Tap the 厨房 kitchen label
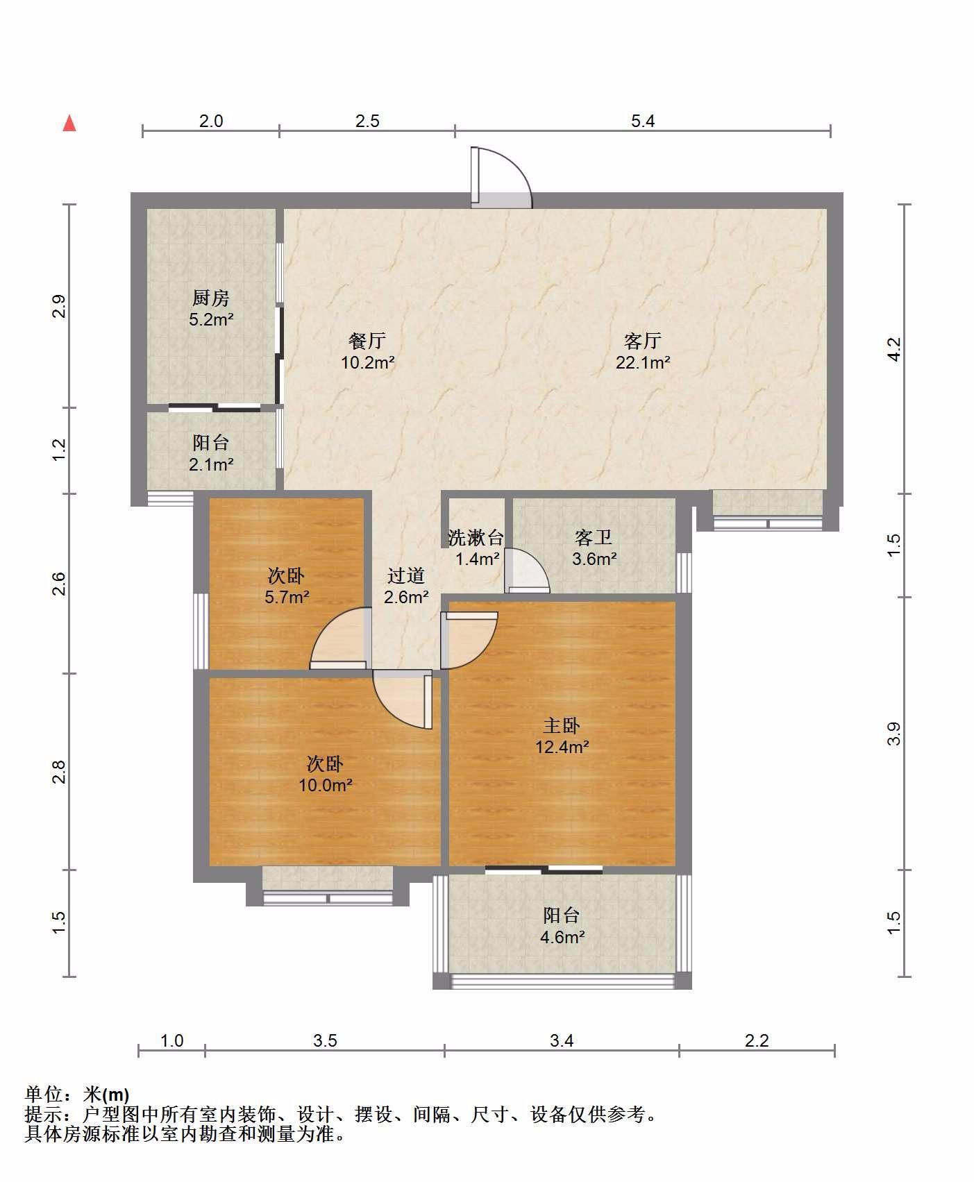211,298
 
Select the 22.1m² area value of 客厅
643,362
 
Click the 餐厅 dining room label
367,341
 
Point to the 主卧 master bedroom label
562,725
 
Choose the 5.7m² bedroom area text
287,596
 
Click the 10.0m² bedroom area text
326,785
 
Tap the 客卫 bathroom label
594,537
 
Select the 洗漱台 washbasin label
476,537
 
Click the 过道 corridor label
406,575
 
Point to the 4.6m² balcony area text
562,937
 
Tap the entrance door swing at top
501,178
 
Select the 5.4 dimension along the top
643,121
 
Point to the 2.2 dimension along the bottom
757,1040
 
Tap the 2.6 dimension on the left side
59,583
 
